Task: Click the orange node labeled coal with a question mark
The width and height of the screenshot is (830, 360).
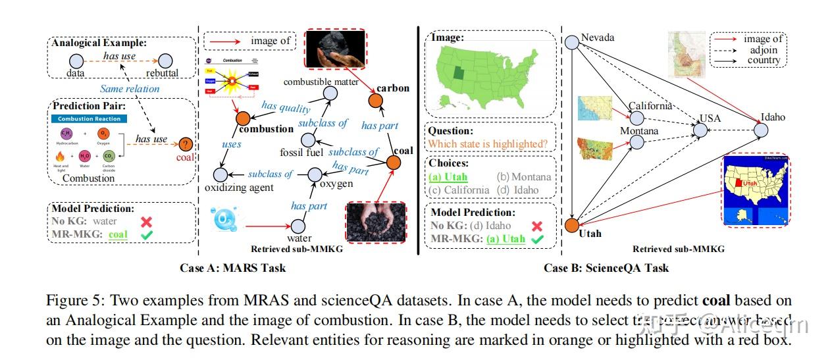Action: coord(186,144)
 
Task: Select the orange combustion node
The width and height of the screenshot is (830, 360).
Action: coord(242,118)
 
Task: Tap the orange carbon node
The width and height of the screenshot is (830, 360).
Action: coord(375,101)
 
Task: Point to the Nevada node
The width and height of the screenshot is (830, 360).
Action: coord(571,41)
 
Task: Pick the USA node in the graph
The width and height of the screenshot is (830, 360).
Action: coord(700,130)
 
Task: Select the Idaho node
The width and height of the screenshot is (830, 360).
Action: coord(761,130)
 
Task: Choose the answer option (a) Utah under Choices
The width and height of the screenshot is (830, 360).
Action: coord(449,176)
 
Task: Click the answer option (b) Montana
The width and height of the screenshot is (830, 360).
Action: coord(524,176)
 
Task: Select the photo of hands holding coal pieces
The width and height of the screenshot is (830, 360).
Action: coord(373,222)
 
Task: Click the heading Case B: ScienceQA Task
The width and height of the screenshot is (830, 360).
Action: coord(606,267)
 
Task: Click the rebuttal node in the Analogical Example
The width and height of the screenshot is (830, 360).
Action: coord(164,61)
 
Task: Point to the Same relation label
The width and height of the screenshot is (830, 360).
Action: coord(130,89)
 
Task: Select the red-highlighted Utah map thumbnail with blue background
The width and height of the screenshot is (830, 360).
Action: coord(756,190)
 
